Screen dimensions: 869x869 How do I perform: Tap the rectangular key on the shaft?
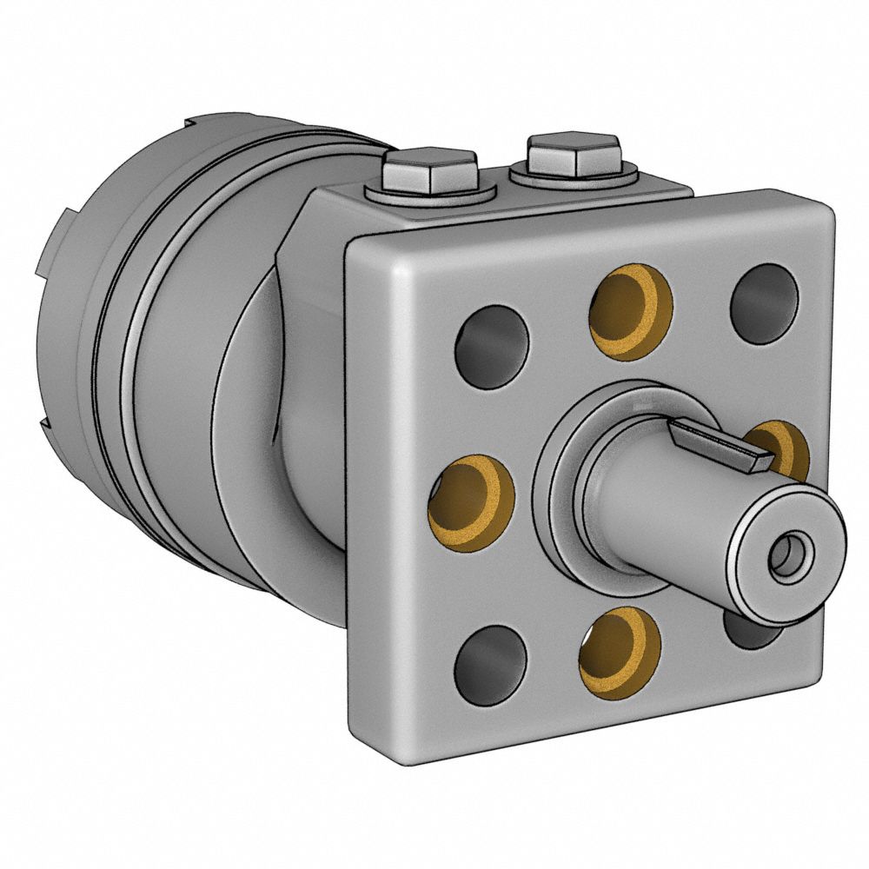pos(718,444)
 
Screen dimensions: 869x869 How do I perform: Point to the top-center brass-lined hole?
pos(631,311)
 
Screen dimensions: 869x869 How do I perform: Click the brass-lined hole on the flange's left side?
pos(471,502)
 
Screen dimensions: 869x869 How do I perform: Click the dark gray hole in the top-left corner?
pos(491,347)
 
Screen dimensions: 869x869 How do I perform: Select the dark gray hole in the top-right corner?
pos(764,302)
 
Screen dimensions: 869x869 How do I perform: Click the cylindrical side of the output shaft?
pos(660,521)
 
